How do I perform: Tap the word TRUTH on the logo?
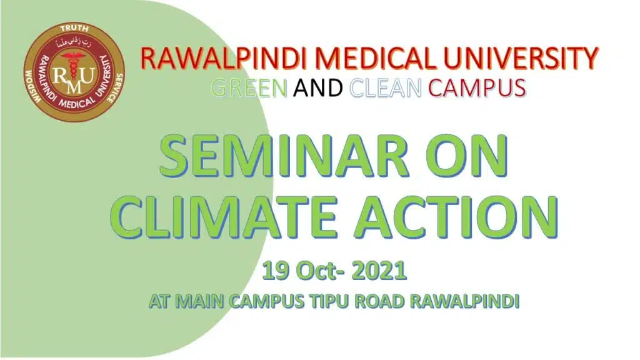74,29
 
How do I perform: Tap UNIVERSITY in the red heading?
521,58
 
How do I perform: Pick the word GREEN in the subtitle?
249,87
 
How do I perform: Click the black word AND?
318,87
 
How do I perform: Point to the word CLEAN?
386,87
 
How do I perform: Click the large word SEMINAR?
284,156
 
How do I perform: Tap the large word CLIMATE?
223,216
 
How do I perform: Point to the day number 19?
276,271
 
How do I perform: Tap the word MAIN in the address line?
201,302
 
